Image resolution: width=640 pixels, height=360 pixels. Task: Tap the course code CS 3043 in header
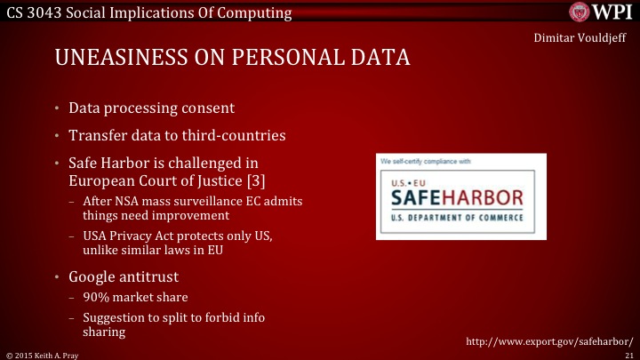tap(35, 12)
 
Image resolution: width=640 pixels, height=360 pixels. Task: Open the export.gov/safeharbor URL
tap(548, 340)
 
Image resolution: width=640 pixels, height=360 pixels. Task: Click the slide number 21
tap(628, 354)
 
